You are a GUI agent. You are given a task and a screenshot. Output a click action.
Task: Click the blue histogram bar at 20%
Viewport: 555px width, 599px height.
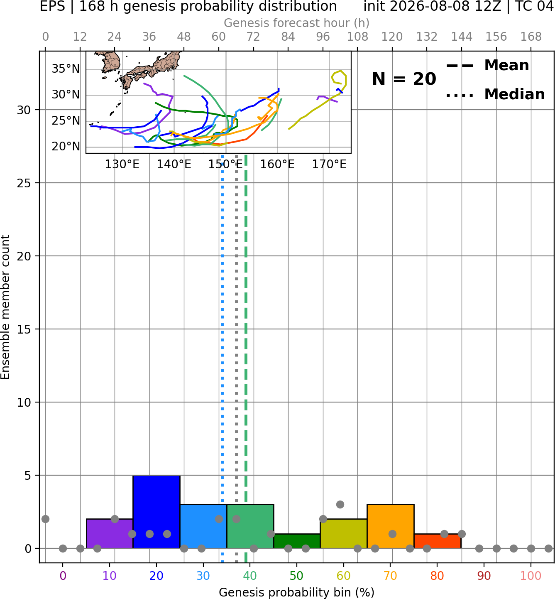pyautogui.click(x=156, y=512)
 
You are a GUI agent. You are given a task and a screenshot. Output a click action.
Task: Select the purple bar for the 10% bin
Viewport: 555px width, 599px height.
pyautogui.click(x=110, y=533)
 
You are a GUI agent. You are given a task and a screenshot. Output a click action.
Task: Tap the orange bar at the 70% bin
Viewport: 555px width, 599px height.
pyautogui.click(x=390, y=526)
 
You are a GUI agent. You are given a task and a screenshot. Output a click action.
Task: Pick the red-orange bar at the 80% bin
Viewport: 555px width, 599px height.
pyautogui.click(x=438, y=541)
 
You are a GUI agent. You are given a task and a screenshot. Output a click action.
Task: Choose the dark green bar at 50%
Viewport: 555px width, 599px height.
pyautogui.click(x=297, y=541)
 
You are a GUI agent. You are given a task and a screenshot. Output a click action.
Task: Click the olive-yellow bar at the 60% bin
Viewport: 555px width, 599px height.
pyautogui.click(x=344, y=533)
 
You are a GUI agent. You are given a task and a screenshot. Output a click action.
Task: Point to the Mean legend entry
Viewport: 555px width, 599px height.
pyautogui.click(x=487, y=66)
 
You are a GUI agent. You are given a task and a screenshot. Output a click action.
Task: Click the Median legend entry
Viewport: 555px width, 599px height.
pyautogui.click(x=495, y=94)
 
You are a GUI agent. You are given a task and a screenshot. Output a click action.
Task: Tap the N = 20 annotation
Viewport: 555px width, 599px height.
pyautogui.click(x=404, y=79)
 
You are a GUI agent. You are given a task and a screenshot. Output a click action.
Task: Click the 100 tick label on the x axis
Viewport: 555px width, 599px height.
pyautogui.click(x=531, y=576)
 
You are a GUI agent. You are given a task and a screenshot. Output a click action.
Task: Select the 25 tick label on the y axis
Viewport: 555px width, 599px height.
pyautogui.click(x=24, y=183)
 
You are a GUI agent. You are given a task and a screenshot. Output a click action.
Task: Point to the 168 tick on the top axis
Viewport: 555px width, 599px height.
pyautogui.click(x=531, y=37)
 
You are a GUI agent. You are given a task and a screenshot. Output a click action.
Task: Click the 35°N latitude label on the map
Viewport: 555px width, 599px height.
pyautogui.click(x=66, y=69)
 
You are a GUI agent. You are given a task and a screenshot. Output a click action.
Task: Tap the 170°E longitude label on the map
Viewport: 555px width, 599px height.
pyautogui.click(x=329, y=164)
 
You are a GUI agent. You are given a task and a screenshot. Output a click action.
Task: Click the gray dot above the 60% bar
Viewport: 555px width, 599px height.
pyautogui.click(x=340, y=505)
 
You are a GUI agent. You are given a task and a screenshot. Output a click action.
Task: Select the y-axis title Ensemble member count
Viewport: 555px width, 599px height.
pyautogui.click(x=5, y=307)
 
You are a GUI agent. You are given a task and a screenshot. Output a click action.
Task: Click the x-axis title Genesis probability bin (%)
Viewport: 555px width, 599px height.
pyautogui.click(x=297, y=592)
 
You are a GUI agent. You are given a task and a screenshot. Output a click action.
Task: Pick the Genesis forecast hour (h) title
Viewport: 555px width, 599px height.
pyautogui.click(x=297, y=23)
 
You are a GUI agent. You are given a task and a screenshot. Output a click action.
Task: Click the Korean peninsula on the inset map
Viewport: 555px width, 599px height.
pyautogui.click(x=110, y=61)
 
